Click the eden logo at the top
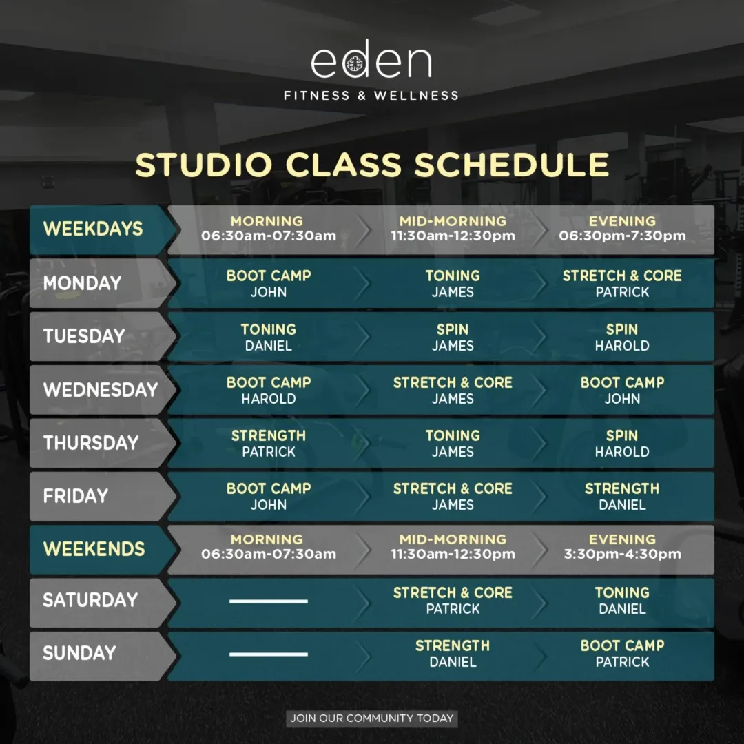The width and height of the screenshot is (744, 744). (x=371, y=59)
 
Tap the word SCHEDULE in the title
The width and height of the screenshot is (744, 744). (x=511, y=165)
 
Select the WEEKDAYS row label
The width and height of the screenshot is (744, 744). (x=93, y=229)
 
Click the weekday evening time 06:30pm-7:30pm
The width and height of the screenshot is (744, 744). (x=622, y=236)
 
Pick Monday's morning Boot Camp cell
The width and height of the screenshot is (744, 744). (x=269, y=283)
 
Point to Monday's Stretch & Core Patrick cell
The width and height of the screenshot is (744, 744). (x=622, y=283)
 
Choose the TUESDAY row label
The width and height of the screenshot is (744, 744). (x=84, y=336)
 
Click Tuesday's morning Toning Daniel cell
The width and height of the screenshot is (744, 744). (x=269, y=337)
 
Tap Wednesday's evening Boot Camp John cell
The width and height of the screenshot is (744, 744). (x=622, y=390)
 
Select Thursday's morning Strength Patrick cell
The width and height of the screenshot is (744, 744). (x=269, y=443)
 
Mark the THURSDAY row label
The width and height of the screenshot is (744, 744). (x=91, y=443)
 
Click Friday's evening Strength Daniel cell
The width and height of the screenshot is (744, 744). (x=622, y=496)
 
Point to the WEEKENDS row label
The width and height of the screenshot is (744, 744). (x=94, y=549)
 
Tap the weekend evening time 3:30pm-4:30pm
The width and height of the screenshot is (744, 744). (x=622, y=554)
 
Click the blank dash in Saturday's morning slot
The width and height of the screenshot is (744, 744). (x=269, y=601)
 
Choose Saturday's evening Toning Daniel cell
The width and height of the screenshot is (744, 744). (x=622, y=600)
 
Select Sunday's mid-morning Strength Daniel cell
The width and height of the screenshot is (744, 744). (x=453, y=653)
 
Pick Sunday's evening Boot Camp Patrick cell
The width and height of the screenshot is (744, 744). (x=622, y=653)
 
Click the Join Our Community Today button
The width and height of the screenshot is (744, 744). (x=372, y=719)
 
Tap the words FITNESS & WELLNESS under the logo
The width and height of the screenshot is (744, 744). (x=371, y=96)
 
